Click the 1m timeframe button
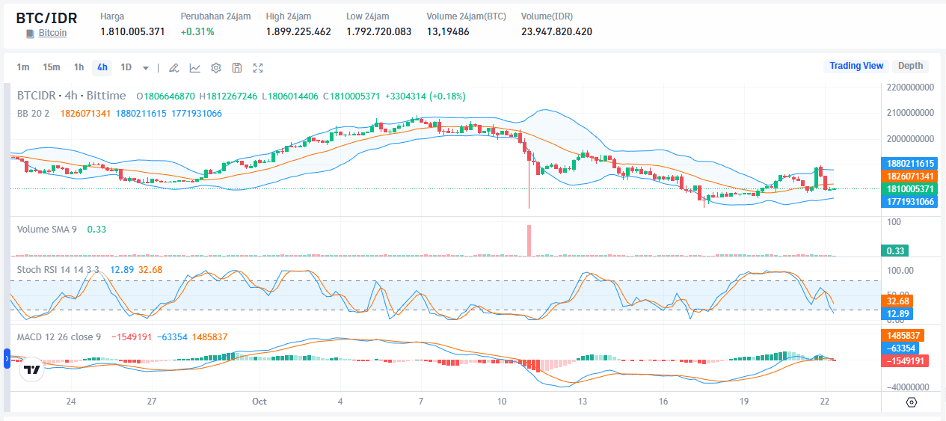pos(23,67)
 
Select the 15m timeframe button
pos(51,67)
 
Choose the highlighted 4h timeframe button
pos(102,67)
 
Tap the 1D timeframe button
pos(126,67)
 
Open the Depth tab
pos(910,66)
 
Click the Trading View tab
pos(856,66)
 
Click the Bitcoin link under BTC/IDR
pos(52,33)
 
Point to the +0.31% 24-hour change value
pos(197,31)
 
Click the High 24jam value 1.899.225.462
pos(298,31)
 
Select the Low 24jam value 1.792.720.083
pos(378,31)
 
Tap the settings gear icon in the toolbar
pos(216,68)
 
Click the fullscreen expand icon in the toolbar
pos(258,68)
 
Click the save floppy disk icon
pos(237,68)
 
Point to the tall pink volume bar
pos(529,240)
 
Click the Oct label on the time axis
pos(259,402)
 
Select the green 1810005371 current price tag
pos(909,189)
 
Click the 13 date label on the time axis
pos(582,402)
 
